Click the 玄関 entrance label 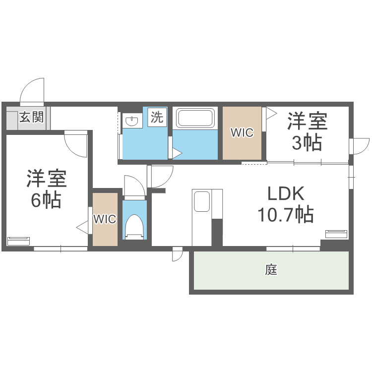point(32,117)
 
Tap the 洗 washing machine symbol point(157,118)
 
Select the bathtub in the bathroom point(195,119)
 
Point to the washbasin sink point(132,121)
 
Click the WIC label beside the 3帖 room point(241,133)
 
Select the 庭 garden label point(271,270)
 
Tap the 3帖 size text point(307,143)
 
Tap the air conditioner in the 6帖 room point(18,241)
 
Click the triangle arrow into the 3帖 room point(271,113)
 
